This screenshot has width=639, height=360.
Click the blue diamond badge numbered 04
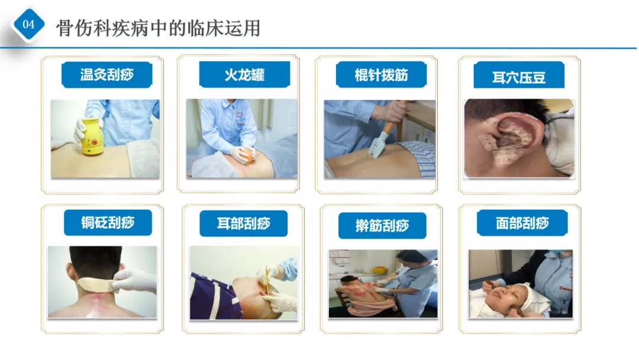click(x=28, y=24)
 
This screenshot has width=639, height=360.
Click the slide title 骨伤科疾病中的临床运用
click(x=158, y=28)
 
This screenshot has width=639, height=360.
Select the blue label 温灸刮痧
click(x=106, y=75)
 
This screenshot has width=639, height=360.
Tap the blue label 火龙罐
click(x=244, y=75)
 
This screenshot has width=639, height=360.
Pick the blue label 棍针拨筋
click(x=381, y=75)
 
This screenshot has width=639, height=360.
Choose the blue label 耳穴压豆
click(x=519, y=75)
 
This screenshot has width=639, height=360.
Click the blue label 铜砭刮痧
click(x=108, y=223)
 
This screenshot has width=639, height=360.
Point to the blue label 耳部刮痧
click(x=244, y=223)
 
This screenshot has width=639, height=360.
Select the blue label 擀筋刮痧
click(x=382, y=226)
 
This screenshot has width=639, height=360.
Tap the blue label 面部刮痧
click(x=522, y=223)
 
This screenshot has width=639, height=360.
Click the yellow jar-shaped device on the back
click(x=91, y=137)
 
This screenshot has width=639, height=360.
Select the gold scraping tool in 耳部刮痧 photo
click(x=267, y=281)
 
